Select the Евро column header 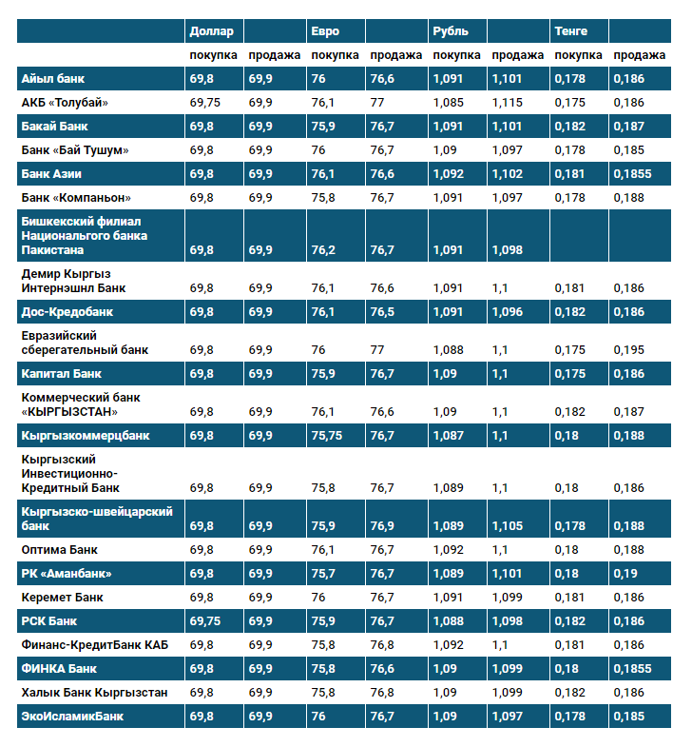coord(325,31)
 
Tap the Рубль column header coord(450,31)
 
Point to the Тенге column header coord(570,31)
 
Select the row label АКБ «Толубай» coord(65,103)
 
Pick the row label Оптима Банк coord(59,550)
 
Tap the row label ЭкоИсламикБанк coord(72,717)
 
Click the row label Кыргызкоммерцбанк coord(85,436)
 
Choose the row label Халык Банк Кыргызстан coord(94,693)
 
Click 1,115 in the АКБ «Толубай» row coord(508,103)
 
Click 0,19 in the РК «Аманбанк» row coord(625,574)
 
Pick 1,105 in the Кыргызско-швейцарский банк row coord(508,526)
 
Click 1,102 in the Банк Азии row coord(508,174)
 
